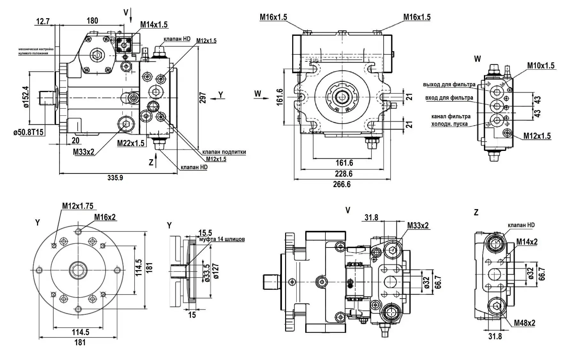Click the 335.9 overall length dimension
(115, 178)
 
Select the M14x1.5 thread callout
(154, 25)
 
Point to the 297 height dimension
(203, 98)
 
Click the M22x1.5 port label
(131, 143)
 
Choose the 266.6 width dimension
(342, 184)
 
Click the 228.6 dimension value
(344, 174)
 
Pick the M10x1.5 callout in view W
(541, 66)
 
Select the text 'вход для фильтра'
(449, 98)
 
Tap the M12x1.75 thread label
(78, 206)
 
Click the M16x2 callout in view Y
(105, 217)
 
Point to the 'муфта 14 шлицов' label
(222, 239)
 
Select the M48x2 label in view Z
(525, 323)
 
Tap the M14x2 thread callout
(527, 242)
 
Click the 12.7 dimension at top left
(43, 21)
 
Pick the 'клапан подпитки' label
(224, 152)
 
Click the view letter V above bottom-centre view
(348, 210)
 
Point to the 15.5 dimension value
(205, 232)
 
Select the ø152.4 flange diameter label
(26, 97)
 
